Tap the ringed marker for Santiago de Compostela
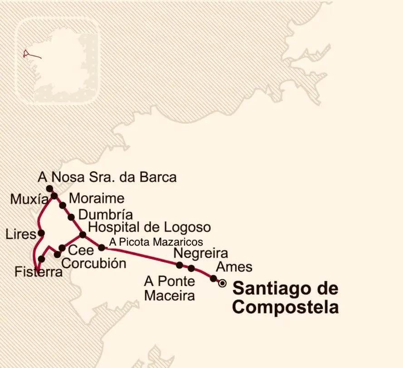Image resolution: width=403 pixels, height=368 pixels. (222, 283)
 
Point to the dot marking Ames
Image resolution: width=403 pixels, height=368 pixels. (214, 278)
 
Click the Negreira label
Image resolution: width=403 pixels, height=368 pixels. (201, 252)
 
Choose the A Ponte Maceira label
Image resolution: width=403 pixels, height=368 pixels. (170, 288)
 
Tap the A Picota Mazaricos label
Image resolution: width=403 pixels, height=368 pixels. (156, 242)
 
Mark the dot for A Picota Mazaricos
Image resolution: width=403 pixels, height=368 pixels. (102, 247)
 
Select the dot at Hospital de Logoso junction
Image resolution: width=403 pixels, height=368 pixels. (83, 234)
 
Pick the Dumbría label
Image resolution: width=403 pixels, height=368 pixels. (105, 214)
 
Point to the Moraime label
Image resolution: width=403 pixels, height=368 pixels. (96, 198)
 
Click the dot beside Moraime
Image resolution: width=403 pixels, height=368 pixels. (63, 205)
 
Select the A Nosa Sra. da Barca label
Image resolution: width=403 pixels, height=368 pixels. (107, 177)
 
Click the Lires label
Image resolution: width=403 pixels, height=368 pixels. (20, 234)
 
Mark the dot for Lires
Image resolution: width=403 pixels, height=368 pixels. (41, 233)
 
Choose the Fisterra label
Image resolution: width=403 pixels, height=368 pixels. (38, 272)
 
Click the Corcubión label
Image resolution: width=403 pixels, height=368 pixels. (93, 263)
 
